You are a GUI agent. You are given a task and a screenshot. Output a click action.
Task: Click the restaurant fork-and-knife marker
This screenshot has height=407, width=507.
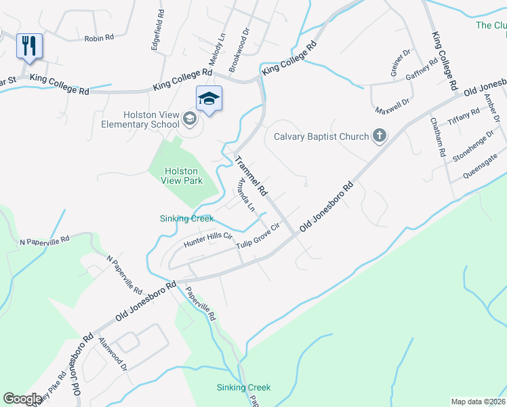pos(29,47)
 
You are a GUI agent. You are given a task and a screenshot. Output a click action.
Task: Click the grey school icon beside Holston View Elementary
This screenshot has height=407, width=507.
pos(189,120)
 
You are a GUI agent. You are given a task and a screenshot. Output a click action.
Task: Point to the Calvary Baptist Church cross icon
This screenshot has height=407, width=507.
pos(379,136)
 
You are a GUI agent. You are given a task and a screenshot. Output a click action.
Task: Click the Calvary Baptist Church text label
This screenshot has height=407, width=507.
pos(321,136)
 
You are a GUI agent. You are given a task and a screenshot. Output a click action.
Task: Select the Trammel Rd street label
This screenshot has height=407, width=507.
pos(252,174)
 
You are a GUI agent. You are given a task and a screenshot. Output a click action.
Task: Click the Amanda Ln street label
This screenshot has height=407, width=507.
pos(244,195)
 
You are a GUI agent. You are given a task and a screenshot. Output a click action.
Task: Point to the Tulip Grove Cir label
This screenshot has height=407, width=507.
pos(258,235)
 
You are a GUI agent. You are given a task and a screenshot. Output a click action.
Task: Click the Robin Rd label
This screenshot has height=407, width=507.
pos(99,39)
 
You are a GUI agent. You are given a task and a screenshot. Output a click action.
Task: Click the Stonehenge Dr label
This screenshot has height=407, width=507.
pos(470,148)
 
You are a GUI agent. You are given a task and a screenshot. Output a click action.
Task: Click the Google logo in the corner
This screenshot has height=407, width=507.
pos(23,399)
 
